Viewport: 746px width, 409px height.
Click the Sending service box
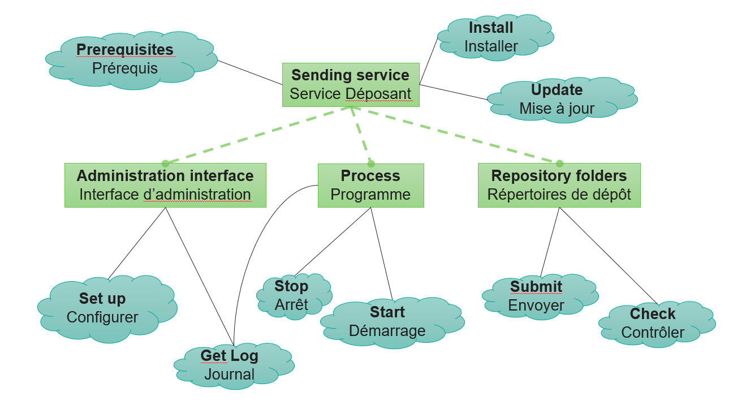click(351, 85)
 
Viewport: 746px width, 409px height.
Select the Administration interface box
click(165, 185)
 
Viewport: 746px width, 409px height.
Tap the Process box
click(370, 186)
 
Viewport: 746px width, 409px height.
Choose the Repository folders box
click(559, 185)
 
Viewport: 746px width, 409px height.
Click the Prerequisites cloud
click(131, 61)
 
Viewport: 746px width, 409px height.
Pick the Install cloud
click(495, 37)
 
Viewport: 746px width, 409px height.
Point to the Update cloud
click(562, 100)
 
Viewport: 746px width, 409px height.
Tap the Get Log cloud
click(234, 365)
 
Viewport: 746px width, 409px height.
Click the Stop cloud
click(294, 296)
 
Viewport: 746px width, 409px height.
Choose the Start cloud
click(393, 322)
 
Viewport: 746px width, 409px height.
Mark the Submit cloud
click(540, 296)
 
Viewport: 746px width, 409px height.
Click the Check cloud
click(657, 324)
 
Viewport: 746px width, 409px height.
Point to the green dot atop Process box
click(371, 163)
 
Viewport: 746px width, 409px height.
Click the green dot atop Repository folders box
click(559, 163)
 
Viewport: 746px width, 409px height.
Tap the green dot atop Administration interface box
click(165, 163)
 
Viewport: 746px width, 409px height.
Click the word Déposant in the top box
click(379, 94)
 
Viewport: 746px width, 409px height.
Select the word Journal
click(230, 374)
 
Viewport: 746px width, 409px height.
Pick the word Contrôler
click(653, 333)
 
